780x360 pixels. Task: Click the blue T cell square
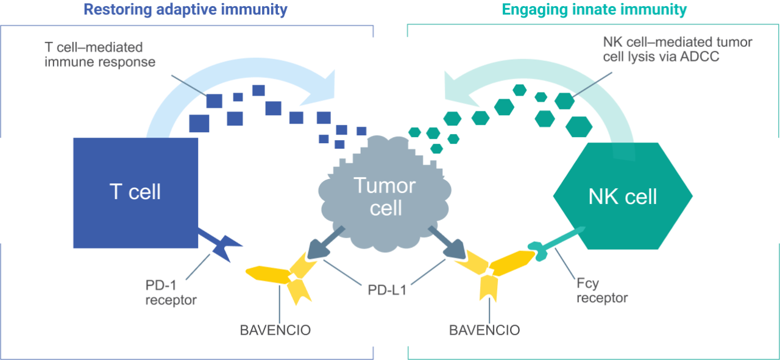point(135,192)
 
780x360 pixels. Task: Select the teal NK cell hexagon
point(622,196)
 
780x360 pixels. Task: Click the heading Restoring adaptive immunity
point(185,9)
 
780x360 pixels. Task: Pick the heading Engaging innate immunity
point(594,9)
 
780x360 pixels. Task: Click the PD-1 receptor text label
point(171,292)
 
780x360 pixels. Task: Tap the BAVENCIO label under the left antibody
point(275,331)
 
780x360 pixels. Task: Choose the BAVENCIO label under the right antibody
point(484,331)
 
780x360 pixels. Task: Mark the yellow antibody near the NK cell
point(497,268)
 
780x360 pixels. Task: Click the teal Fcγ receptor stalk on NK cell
point(558,241)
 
